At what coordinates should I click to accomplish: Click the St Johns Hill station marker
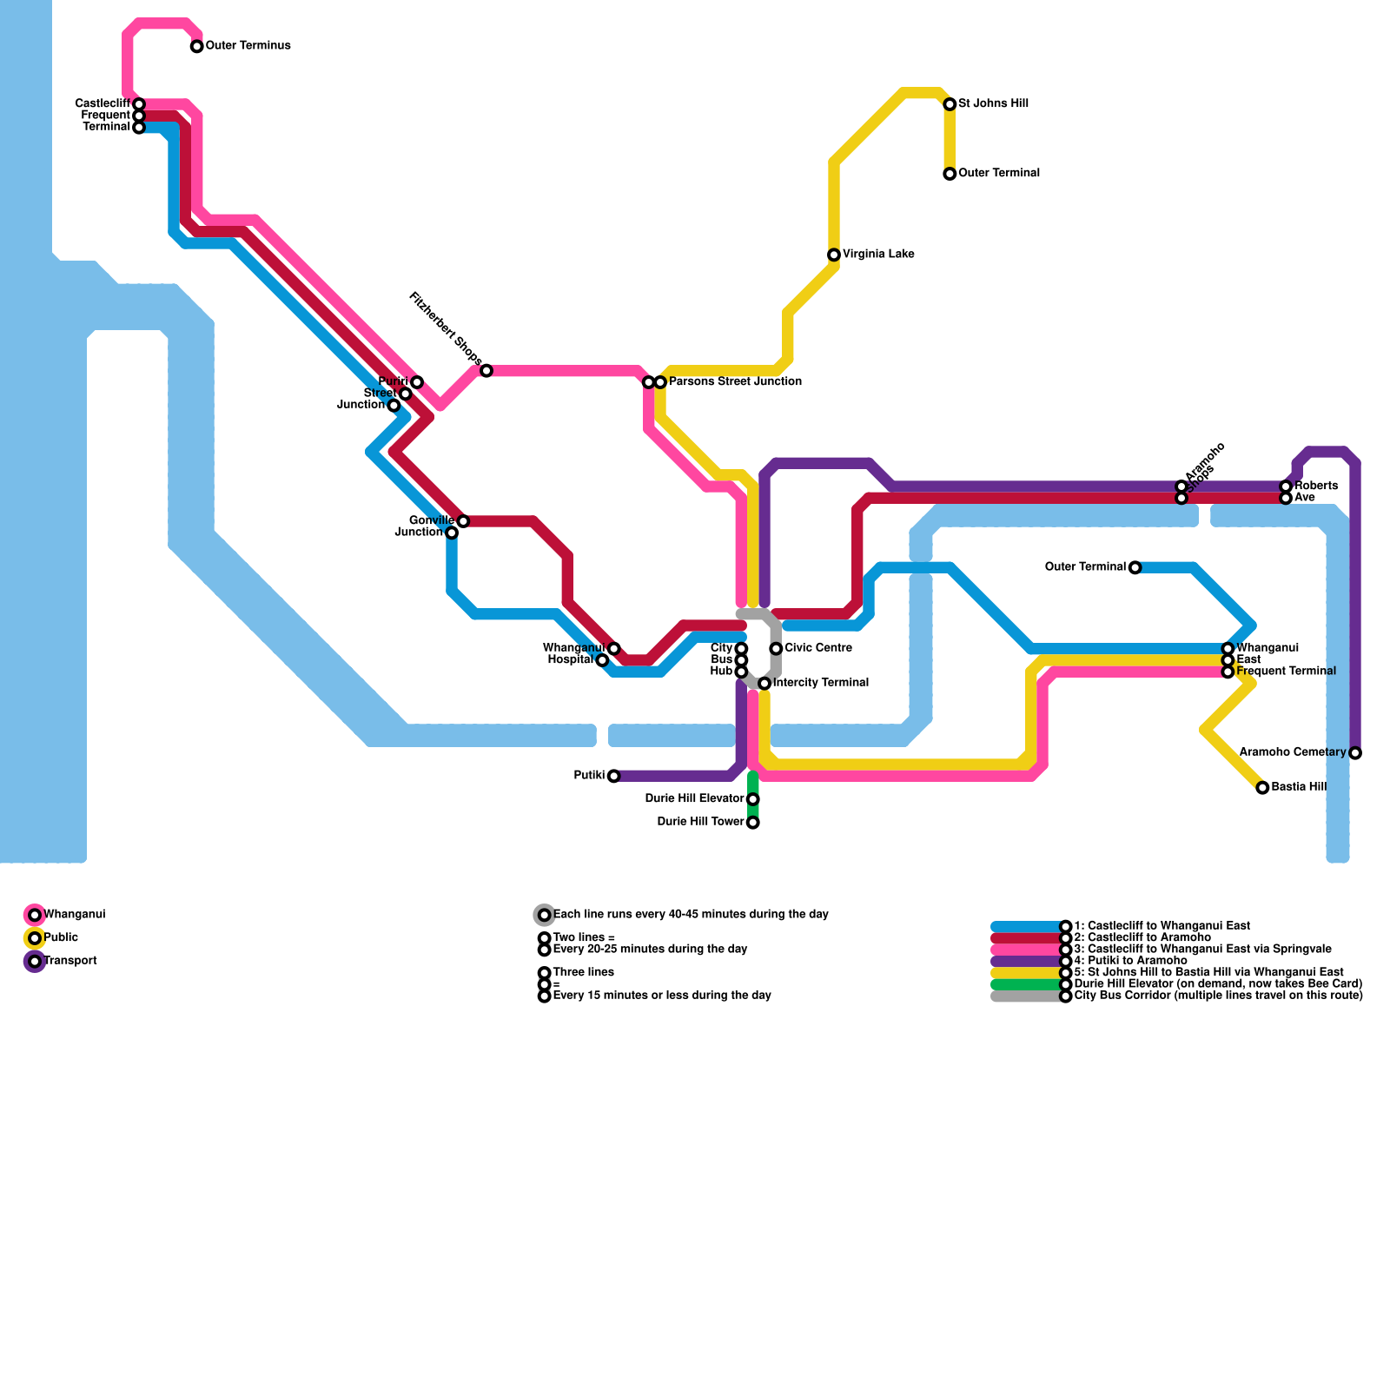[950, 104]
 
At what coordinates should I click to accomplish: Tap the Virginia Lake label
[877, 255]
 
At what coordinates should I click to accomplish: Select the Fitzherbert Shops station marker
[486, 371]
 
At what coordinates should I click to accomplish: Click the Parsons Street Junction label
[735, 382]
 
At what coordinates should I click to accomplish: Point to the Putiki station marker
[614, 776]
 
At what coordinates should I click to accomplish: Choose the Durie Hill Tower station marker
[753, 823]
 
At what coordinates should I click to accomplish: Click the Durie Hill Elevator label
[694, 799]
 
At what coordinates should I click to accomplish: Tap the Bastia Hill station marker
[1262, 788]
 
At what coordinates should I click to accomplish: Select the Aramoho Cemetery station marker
[1355, 753]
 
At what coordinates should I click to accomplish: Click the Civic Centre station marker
[776, 649]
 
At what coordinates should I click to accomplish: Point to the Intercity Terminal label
[820, 683]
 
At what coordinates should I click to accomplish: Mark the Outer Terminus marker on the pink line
[197, 46]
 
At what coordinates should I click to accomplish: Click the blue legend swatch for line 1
[1026, 927]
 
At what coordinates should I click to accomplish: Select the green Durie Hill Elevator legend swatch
[1026, 984]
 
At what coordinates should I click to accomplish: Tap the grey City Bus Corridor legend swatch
[1026, 996]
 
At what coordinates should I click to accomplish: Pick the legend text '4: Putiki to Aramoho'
[1130, 961]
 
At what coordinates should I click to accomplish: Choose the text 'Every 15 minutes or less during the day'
[662, 996]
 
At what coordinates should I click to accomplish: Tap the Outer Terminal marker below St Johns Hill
[950, 174]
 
